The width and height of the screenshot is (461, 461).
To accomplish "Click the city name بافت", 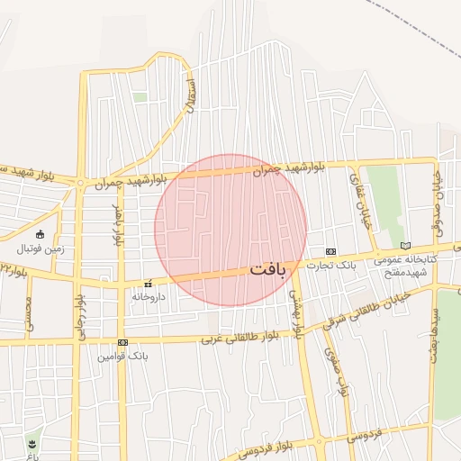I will point(267,268).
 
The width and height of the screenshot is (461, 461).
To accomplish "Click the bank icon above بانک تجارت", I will point(330,251).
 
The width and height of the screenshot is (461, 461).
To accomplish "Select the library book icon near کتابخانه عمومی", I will point(405,246).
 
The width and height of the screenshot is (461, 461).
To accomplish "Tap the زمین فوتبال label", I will point(41,249).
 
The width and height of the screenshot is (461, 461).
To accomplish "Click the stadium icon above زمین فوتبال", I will point(41,234).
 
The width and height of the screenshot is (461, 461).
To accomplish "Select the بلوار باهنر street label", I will point(115,223).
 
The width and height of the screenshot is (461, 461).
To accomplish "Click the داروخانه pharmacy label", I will point(149,296).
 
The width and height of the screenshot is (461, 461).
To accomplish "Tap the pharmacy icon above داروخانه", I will point(148,283).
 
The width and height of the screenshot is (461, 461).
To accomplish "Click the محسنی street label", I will point(28,314).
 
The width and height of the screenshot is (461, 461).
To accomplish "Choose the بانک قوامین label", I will point(122,357).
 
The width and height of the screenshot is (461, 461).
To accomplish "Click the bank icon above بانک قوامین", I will point(122,342).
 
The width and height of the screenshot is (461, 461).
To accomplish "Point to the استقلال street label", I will point(190,95).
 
